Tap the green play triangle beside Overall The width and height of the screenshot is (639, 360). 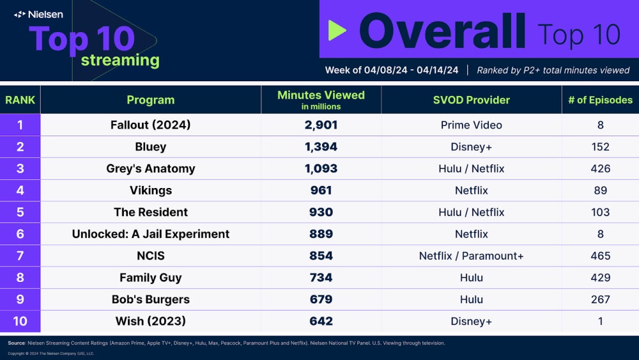tap(337, 30)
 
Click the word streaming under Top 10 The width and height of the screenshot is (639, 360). tap(119, 61)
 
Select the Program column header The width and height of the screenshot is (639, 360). tap(150, 100)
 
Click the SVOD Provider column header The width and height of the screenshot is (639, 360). tap(471, 100)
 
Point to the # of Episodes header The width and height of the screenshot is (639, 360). tap(600, 100)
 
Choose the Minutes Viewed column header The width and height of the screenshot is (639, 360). tap(321, 99)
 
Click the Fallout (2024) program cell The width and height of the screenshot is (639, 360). tap(150, 125)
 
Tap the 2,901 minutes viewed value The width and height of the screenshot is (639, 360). tap(321, 125)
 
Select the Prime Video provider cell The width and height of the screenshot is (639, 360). tap(471, 125)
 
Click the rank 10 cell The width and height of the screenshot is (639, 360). tap(20, 321)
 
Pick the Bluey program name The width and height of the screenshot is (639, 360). tap(150, 147)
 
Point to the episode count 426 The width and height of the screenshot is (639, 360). tap(600, 169)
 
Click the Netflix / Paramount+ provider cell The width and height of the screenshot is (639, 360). tap(471, 256)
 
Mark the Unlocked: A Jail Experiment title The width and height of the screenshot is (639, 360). tap(150, 234)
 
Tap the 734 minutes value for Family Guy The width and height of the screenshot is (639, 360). tap(321, 278)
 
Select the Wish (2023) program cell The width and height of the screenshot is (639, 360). tap(150, 321)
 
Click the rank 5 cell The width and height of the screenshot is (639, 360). tap(20, 212)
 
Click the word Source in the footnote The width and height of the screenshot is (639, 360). tap(16, 343)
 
